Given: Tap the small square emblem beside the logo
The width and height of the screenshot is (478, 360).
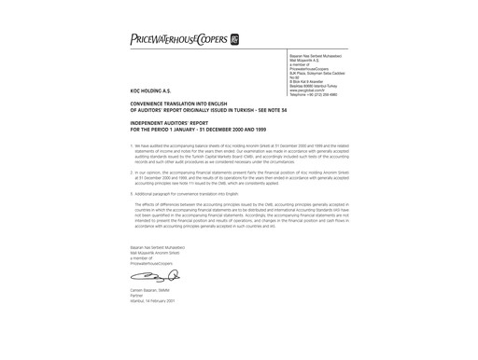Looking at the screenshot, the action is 234,40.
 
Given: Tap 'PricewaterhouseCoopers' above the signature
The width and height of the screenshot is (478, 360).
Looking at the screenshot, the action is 153,264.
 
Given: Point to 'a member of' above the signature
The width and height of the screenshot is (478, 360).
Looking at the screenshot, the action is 142,258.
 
